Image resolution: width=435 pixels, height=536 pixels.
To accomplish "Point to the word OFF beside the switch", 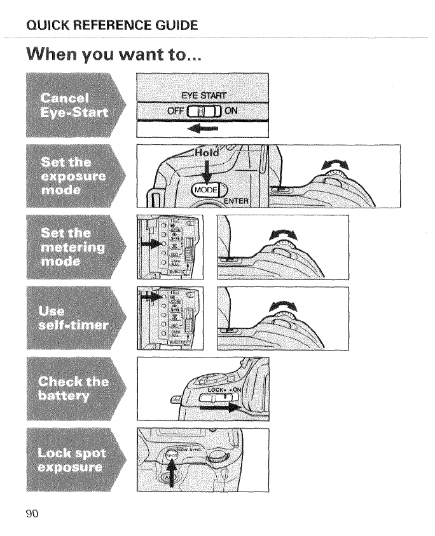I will coord(174,110).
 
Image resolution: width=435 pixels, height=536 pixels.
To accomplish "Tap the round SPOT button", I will coord(171,456).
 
